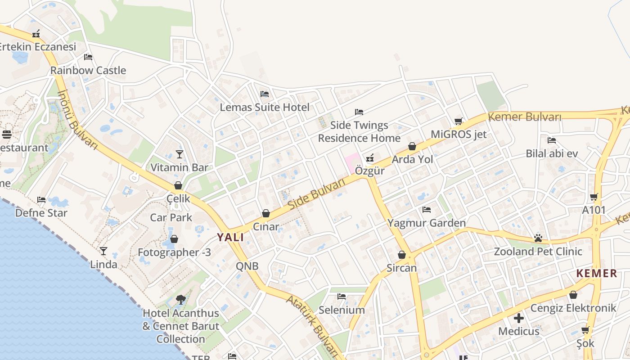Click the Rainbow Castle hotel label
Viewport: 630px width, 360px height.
click(x=88, y=70)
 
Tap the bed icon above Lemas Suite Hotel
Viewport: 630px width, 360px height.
click(x=265, y=94)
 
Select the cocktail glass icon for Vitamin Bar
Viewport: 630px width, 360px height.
click(x=180, y=154)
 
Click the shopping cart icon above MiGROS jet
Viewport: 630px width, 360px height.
click(x=459, y=121)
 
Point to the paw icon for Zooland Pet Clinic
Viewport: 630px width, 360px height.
click(x=538, y=238)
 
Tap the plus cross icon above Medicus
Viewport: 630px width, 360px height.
click(x=519, y=318)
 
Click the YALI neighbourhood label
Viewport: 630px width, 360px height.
click(x=230, y=237)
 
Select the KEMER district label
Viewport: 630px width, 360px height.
click(x=597, y=273)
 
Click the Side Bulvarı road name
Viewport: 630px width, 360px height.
click(x=317, y=193)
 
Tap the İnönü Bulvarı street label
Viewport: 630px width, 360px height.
click(x=77, y=120)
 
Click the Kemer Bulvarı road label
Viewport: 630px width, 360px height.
click(x=525, y=117)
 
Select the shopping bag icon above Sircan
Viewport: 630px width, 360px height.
click(x=402, y=255)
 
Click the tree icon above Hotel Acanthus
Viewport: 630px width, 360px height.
click(x=181, y=299)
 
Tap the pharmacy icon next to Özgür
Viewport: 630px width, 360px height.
click(x=370, y=157)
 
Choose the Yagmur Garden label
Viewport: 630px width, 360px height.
click(x=427, y=223)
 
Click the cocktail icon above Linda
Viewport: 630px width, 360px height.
click(x=103, y=251)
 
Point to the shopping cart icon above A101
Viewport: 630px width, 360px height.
click(x=594, y=197)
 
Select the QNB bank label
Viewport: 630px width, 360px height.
click(x=247, y=266)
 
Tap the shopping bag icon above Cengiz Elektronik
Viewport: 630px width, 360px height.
click(x=573, y=295)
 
